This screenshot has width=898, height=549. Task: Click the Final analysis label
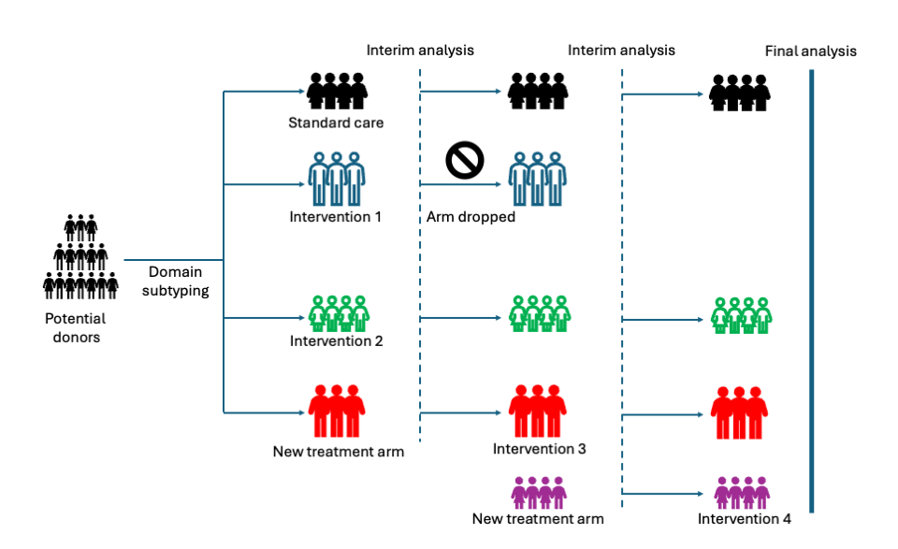tap(810, 51)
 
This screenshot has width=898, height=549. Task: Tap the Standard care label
tap(336, 123)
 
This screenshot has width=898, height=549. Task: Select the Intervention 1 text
tap(336, 218)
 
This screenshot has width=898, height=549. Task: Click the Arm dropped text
tap(471, 218)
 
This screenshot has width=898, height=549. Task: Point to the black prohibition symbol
tap(464, 160)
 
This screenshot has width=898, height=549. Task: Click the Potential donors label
tap(75, 327)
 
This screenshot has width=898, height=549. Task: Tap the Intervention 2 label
tap(336, 341)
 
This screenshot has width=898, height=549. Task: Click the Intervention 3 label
tap(539, 449)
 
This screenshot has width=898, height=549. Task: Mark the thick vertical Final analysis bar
tap(811, 290)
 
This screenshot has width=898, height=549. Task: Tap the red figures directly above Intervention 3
tap(538, 411)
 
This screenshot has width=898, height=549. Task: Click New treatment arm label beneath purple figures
tap(538, 518)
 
